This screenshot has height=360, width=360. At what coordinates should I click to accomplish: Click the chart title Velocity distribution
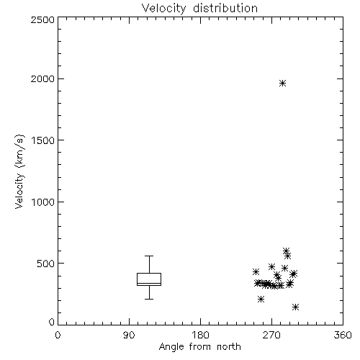point(199,8)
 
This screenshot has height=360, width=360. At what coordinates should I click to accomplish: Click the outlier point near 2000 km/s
point(282,84)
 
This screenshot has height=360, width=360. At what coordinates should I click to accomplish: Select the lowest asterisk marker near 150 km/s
point(296,307)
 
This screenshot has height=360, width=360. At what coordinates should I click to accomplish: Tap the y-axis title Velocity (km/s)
point(19,171)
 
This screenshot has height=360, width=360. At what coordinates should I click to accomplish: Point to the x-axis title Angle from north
point(199,347)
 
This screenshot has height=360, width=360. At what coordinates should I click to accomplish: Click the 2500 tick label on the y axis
point(42,19)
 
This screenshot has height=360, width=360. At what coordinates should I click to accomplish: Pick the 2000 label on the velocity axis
point(42,78)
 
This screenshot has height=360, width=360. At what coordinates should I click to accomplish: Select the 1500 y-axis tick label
point(43,140)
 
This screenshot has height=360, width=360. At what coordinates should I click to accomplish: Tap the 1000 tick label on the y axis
point(43,202)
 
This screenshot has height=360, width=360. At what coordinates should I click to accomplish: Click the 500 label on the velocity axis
point(46,264)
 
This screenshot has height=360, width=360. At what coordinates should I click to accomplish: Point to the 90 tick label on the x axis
point(129,335)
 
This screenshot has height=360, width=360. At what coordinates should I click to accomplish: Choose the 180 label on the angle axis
point(200,335)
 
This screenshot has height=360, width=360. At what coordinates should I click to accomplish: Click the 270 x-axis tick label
point(271,335)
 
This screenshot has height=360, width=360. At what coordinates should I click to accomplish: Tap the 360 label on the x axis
point(343,335)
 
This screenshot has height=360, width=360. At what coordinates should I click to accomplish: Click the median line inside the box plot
point(149,283)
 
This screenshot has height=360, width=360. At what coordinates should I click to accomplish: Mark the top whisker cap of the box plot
point(149,256)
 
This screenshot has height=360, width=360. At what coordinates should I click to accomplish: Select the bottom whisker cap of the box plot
point(149,299)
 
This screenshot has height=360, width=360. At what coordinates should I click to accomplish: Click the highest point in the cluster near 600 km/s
point(286,251)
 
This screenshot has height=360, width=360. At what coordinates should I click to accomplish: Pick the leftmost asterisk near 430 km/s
point(256,271)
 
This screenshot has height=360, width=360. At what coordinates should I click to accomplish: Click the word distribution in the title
point(225,8)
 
